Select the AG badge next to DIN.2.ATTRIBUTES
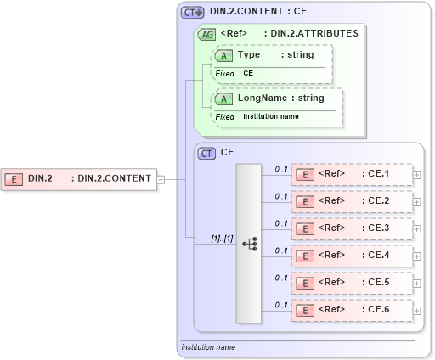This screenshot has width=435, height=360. coord(206,34)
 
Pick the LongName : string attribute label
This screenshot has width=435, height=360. coord(280,98)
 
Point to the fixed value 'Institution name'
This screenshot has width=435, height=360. coord(271,115)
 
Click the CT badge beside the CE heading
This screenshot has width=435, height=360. coord(206,154)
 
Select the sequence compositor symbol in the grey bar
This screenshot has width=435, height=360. coord(249,244)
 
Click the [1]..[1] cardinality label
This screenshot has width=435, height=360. coord(222,238)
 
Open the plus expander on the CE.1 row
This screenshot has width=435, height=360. coord(416,174)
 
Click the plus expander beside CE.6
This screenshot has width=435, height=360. coord(416,310)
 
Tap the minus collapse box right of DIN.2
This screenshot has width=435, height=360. coord(161,179)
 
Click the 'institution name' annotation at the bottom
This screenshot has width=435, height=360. coord(208,347)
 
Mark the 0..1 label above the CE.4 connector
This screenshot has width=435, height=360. coord(280,250)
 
